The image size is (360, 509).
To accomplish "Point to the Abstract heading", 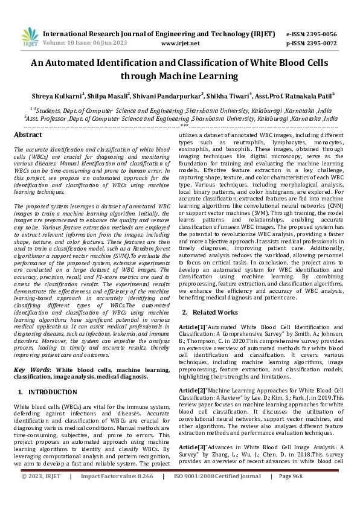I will pos(28,135).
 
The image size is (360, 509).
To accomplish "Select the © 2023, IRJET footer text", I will pos(41,493).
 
